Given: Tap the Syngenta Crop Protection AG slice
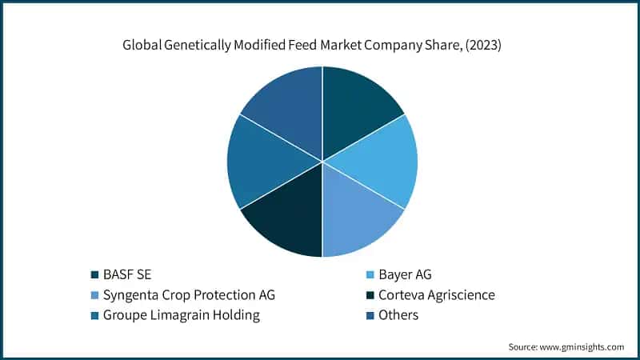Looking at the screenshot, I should pyautogui.click(x=360, y=220).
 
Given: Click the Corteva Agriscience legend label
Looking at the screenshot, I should pyautogui.click(x=439, y=295).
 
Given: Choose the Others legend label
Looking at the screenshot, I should pyautogui.click(x=400, y=315).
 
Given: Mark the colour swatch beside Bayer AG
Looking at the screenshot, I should pyautogui.click(x=370, y=275).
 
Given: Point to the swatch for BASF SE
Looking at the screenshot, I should pyautogui.click(x=95, y=275).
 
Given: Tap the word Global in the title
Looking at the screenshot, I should pyautogui.click(x=142, y=46).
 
